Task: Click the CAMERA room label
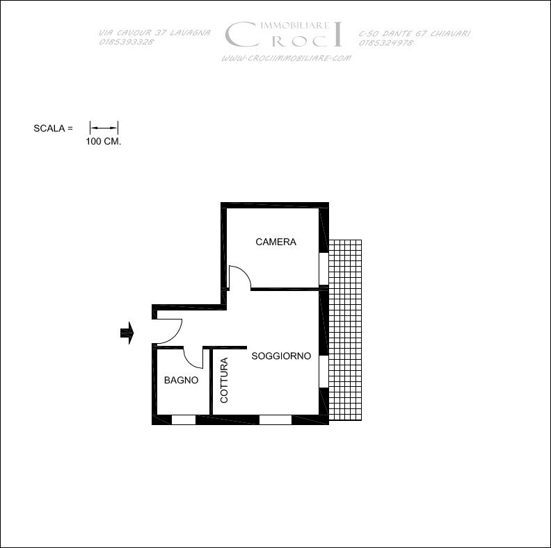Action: (276, 242)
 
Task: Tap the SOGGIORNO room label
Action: (281, 356)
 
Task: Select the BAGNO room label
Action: (182, 380)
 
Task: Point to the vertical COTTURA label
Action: (224, 380)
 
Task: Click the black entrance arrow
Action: (127, 333)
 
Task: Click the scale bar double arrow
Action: (104, 128)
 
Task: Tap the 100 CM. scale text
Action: (103, 142)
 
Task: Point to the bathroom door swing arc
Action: (189, 363)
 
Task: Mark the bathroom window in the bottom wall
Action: (184, 420)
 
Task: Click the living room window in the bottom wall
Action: (275, 420)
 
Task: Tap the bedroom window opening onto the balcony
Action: (324, 268)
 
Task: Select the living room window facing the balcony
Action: (324, 371)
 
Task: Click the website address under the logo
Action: (286, 58)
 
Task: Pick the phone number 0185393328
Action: (127, 42)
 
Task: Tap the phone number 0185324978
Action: (386, 43)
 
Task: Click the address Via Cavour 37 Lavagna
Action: (154, 33)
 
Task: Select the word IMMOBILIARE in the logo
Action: (296, 25)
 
